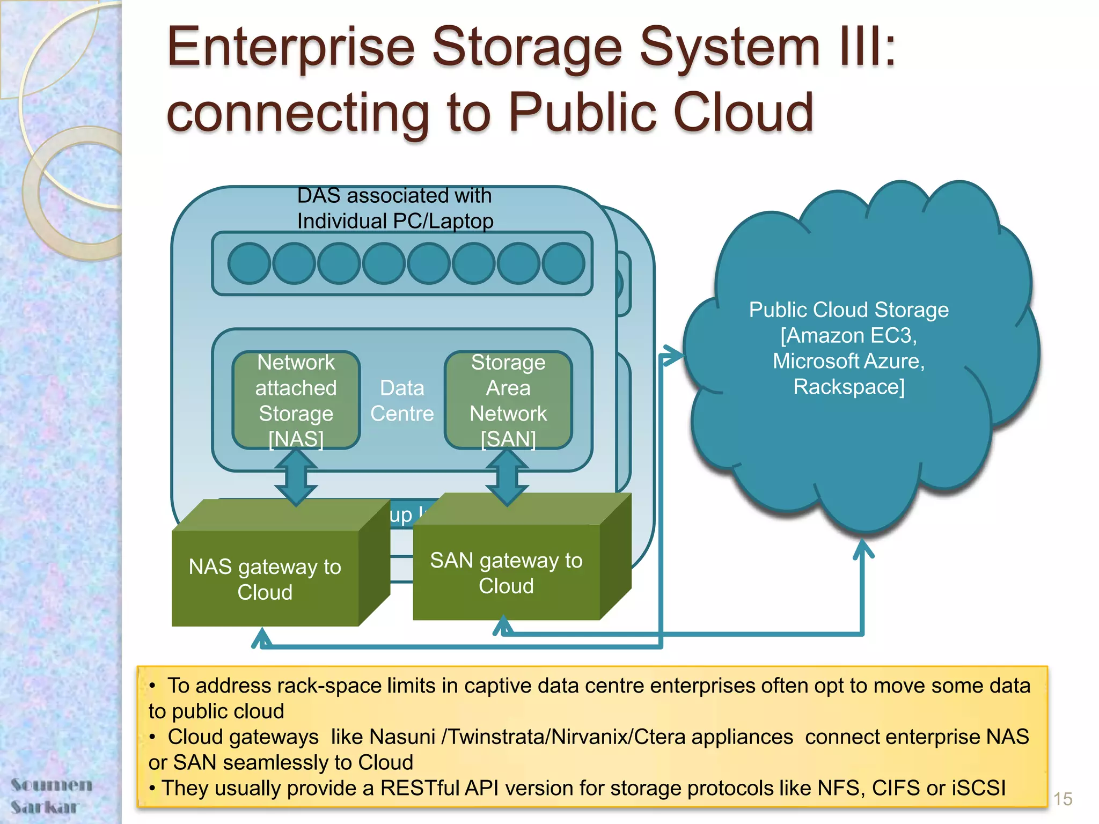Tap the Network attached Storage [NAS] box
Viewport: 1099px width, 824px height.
coord(296,400)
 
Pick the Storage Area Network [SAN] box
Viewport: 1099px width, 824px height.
coord(508,400)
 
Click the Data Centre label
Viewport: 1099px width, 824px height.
coord(402,401)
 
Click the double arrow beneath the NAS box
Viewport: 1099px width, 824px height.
coord(296,477)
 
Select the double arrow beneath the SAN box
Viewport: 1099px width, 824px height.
coord(507,477)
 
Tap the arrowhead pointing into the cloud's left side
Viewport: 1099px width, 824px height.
coord(672,355)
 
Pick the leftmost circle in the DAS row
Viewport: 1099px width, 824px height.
coord(249,263)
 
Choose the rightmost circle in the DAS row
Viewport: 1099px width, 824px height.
coord(563,263)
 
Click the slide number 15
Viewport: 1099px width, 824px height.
coord(1062,799)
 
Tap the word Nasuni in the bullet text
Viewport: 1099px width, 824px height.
coord(402,737)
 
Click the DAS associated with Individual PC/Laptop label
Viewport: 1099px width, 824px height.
coord(395,208)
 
